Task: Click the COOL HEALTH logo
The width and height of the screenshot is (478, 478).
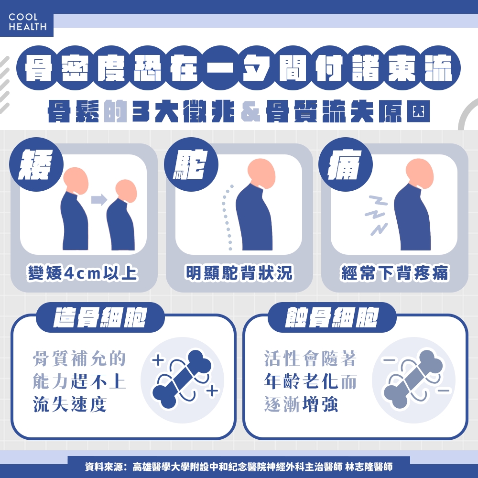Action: [x=27, y=22]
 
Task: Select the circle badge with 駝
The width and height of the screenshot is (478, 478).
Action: [x=191, y=164]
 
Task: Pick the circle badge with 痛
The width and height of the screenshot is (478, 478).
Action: [x=345, y=164]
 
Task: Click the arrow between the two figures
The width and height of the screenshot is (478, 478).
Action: [x=98, y=200]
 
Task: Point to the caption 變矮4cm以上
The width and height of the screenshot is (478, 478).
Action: [x=83, y=273]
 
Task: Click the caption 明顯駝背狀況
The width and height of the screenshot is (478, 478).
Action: [x=239, y=273]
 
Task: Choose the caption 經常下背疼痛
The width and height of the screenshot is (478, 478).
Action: [x=394, y=273]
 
